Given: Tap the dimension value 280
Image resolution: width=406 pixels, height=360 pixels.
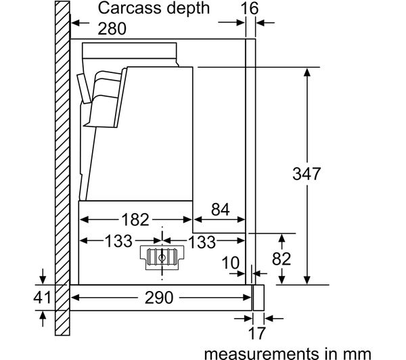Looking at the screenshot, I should coord(113,29).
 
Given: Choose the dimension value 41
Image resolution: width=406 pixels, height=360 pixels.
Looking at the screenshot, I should coord(43,297).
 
